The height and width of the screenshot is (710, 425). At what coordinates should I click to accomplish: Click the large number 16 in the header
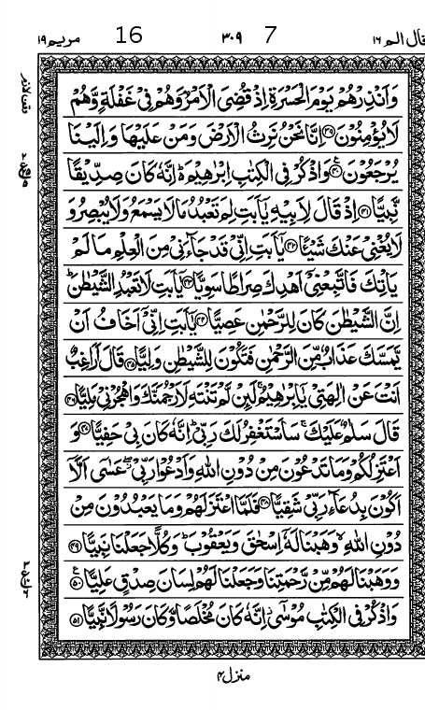pos(128,36)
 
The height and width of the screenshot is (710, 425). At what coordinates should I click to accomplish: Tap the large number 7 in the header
pos(272,36)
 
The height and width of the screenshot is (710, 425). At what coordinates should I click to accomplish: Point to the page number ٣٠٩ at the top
pos(231,38)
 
